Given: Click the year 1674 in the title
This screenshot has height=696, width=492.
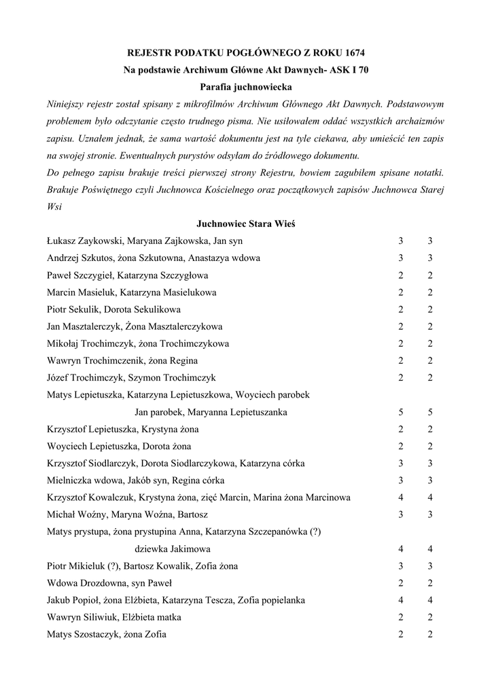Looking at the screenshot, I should (359, 52).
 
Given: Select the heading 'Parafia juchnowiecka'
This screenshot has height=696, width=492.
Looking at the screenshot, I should (246, 87).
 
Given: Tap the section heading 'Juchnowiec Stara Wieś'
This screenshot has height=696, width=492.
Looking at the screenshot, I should (245, 223).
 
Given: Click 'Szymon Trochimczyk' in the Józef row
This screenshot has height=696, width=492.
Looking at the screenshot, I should (174, 378).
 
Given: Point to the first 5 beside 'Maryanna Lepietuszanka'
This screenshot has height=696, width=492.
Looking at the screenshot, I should (401, 412).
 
